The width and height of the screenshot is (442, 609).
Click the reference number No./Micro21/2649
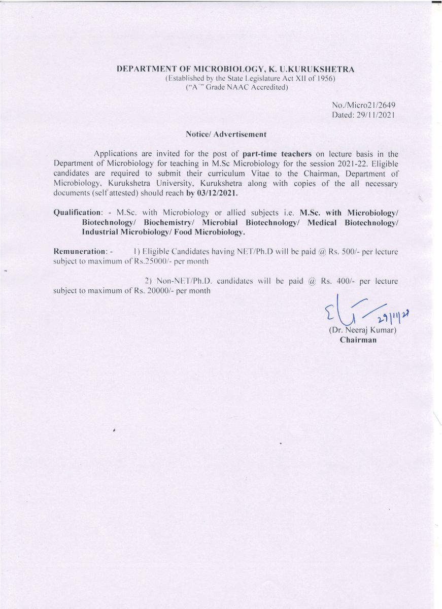[363, 105]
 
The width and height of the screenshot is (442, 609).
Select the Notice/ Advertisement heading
[223, 134]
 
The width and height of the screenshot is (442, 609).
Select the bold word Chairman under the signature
[358, 340]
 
